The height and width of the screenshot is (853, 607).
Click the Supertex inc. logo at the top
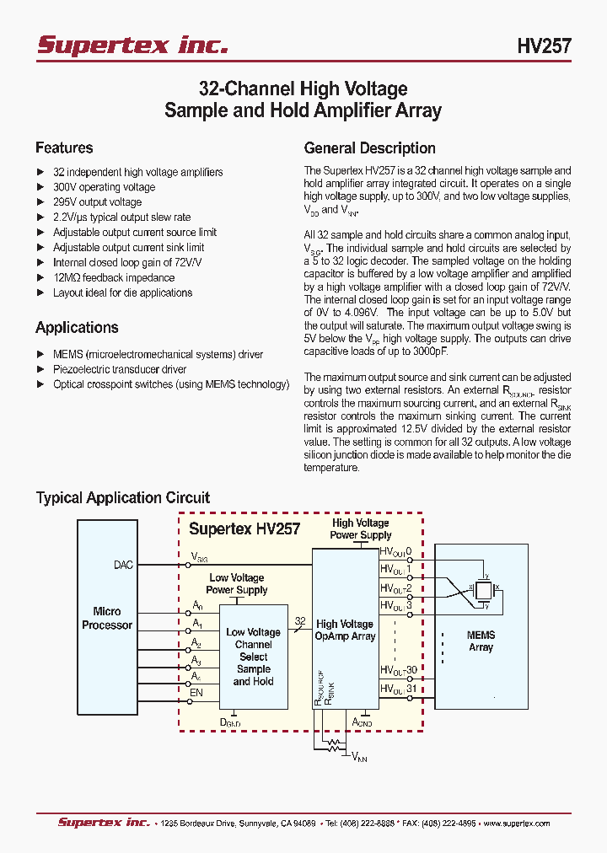(132, 45)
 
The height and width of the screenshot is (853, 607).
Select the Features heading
(64, 148)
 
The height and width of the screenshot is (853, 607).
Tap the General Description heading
(369, 148)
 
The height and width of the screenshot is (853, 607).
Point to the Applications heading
(77, 327)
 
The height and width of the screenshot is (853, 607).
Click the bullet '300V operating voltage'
(104, 187)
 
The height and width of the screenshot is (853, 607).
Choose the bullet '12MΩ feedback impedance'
(114, 277)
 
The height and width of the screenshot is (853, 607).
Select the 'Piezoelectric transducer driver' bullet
(120, 369)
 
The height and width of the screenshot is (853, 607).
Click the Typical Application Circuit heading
(122, 497)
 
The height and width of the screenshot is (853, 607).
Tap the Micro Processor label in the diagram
(107, 618)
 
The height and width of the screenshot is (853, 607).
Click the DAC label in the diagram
(123, 565)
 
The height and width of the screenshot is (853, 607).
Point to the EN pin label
(196, 693)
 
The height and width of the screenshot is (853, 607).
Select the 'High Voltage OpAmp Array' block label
(345, 630)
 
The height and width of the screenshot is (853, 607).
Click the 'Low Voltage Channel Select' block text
(253, 644)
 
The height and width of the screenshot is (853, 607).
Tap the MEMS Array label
(481, 641)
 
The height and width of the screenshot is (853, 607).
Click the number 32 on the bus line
(299, 620)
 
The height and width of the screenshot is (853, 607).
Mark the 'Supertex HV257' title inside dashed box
(244, 529)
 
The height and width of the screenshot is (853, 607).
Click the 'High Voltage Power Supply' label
(361, 528)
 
